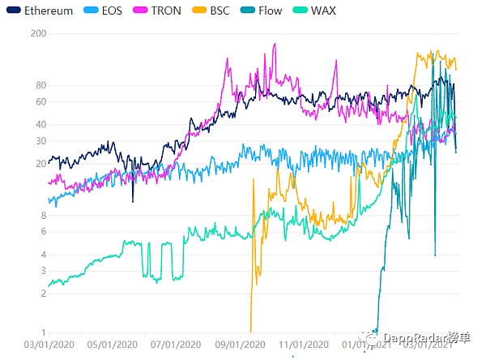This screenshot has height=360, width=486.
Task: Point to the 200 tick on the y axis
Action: pos(37,33)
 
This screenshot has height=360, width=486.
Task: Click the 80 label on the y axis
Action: pos(40,85)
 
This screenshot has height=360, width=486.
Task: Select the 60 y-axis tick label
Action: pos(40,101)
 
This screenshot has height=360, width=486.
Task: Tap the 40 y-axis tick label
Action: pos(40,124)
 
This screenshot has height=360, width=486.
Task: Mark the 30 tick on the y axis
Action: pos(40,140)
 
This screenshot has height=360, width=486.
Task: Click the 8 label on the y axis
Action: pos(42,216)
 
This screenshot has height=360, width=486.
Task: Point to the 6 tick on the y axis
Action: pos(42,232)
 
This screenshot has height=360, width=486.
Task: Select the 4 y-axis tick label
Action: pos(42,255)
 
